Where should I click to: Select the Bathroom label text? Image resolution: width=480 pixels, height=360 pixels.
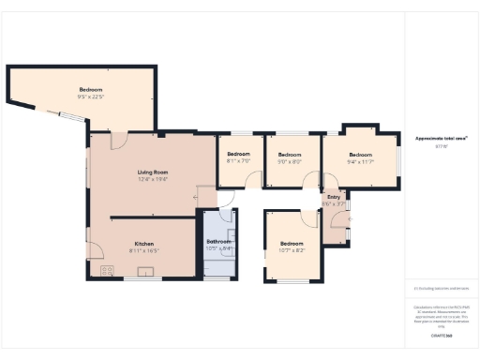click(x=218, y=242)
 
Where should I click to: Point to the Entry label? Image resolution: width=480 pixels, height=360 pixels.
click(x=334, y=197)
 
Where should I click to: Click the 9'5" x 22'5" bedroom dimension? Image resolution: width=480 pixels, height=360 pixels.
click(x=91, y=97)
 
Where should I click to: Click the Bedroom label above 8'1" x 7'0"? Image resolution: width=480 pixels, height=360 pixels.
click(x=238, y=154)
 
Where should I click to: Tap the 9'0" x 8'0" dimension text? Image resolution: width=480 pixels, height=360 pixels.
click(x=290, y=161)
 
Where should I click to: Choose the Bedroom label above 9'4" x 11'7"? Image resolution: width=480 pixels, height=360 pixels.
click(x=360, y=155)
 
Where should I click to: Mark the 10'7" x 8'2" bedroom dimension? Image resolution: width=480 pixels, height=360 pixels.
click(x=292, y=250)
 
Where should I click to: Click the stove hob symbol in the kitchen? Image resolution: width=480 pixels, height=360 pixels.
click(x=107, y=270)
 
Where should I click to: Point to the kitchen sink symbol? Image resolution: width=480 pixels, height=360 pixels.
click(x=146, y=271)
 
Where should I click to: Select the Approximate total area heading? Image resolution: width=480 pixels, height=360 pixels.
click(x=442, y=138)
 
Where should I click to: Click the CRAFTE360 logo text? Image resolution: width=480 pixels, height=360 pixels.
click(x=442, y=335)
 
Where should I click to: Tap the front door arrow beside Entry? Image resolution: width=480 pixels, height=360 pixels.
click(x=349, y=219)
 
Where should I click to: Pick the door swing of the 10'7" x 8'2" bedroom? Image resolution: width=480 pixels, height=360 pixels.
click(x=310, y=217)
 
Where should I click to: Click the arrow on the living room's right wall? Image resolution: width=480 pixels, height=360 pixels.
click(x=200, y=198)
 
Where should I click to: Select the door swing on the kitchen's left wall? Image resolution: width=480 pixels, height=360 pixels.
click(x=94, y=250)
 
